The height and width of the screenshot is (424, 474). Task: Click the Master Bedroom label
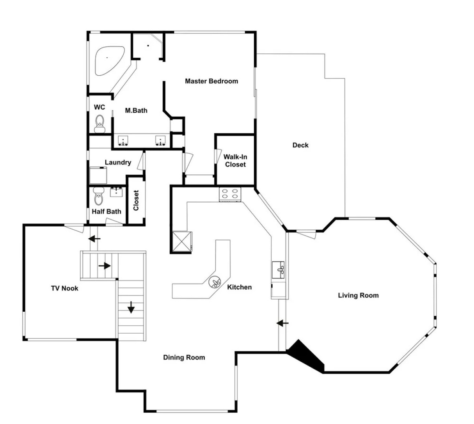[211, 81]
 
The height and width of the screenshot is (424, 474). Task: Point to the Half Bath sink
[116, 192]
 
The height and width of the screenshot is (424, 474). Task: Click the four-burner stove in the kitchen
[230, 194]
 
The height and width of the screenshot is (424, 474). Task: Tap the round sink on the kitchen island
[215, 282]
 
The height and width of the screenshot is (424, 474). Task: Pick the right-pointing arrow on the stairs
[104, 266]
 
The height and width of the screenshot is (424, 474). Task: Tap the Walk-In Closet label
[235, 161]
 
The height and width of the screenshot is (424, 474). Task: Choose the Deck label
[300, 145]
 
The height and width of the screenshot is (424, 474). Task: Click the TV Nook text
[64, 289]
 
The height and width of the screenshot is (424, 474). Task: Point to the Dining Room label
[184, 357]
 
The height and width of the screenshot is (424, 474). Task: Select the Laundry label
[118, 162]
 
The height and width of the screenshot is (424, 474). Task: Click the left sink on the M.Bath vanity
[123, 141]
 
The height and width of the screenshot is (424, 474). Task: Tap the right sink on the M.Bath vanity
[160, 141]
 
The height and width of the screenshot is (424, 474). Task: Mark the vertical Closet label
[136, 200]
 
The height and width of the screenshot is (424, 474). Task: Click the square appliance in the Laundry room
[98, 175]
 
